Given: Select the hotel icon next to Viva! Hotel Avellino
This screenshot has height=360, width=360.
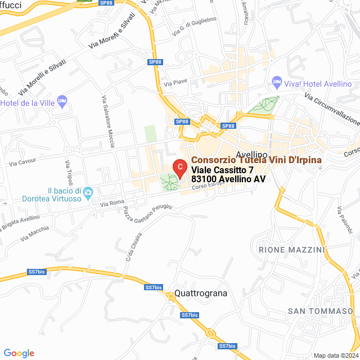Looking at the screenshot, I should [276, 83].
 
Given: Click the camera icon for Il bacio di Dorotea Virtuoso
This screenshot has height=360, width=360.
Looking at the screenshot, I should [88, 194].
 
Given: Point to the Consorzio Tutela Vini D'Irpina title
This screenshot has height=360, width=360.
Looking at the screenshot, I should [256, 160].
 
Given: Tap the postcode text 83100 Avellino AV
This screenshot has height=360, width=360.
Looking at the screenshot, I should [228, 179].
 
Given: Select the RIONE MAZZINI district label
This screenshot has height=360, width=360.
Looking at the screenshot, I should [291, 249].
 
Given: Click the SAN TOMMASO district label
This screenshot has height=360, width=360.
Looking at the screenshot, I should [320, 311].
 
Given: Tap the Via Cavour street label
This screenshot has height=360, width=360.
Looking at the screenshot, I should [22, 162].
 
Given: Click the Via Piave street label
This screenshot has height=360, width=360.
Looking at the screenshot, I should [175, 83].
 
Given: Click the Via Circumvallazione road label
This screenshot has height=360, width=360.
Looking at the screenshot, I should [332, 109].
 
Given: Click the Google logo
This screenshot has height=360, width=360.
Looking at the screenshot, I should [19, 353].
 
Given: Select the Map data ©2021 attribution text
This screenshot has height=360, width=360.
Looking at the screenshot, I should [335, 355].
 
